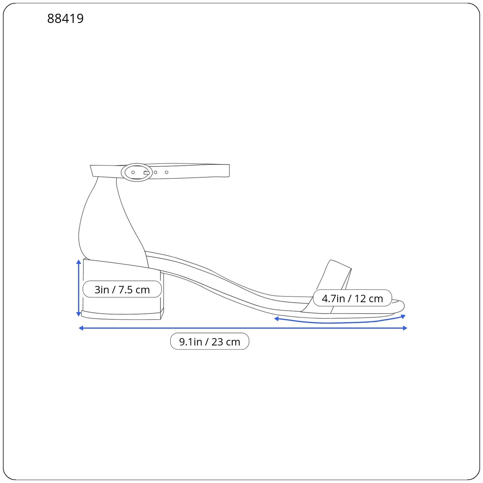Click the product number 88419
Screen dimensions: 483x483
[x=65, y=18]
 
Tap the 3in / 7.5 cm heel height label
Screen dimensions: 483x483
[x=122, y=289]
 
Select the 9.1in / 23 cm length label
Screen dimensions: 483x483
[x=210, y=341]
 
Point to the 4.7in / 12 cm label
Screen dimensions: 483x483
[x=352, y=298]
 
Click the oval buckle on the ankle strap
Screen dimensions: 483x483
[x=137, y=172]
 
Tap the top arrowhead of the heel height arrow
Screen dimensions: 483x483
[x=78, y=261]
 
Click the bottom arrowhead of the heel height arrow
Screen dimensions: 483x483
[x=78, y=314]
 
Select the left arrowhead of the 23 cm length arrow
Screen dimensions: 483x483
[x=81, y=328]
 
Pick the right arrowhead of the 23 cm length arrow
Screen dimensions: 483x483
[x=405, y=328]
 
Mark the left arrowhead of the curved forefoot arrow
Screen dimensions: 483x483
[x=276, y=318]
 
